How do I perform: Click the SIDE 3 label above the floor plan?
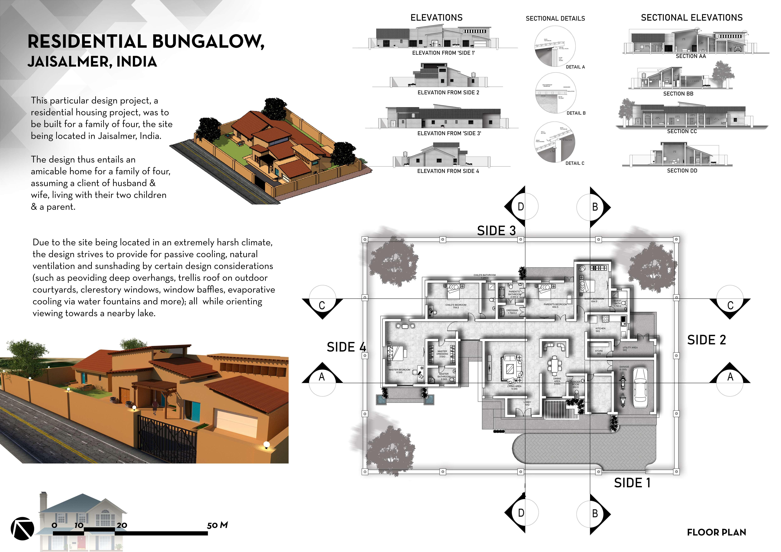(496, 231)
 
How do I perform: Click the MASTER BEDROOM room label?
(399, 371)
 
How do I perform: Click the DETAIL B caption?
(576, 113)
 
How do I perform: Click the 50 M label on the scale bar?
(217, 525)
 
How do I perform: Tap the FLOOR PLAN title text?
(716, 532)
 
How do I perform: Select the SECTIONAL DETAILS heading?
(555, 18)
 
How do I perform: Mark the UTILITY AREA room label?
(630, 349)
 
